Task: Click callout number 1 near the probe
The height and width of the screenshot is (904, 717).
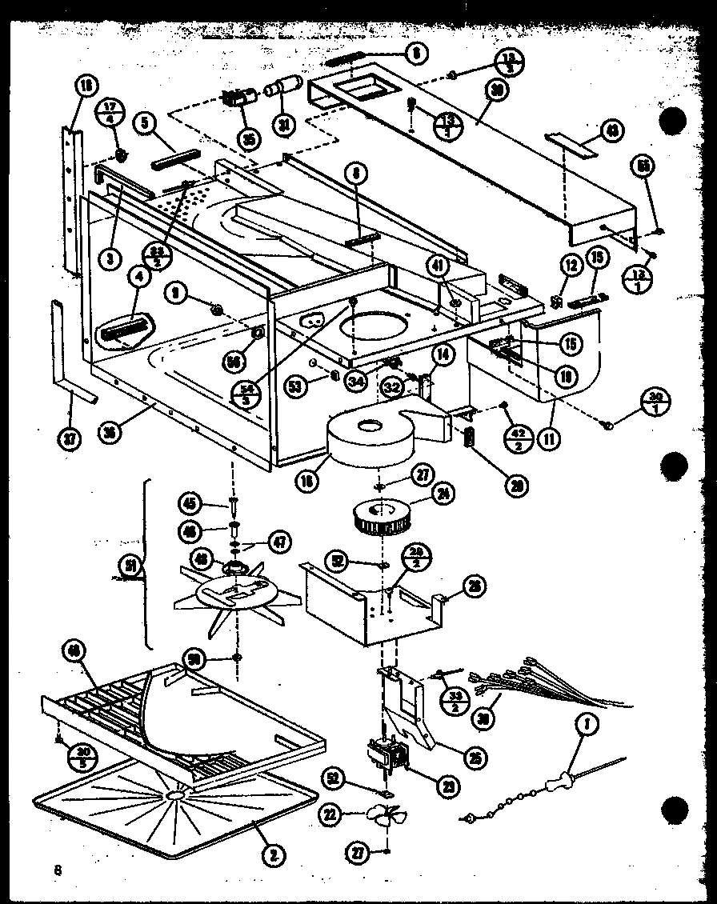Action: click(x=588, y=726)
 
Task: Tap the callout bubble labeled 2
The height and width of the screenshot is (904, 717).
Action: click(x=274, y=855)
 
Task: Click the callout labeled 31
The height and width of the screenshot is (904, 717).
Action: click(x=284, y=125)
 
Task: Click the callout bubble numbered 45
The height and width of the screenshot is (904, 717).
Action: click(x=189, y=503)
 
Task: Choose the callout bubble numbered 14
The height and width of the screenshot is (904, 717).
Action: click(x=443, y=352)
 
